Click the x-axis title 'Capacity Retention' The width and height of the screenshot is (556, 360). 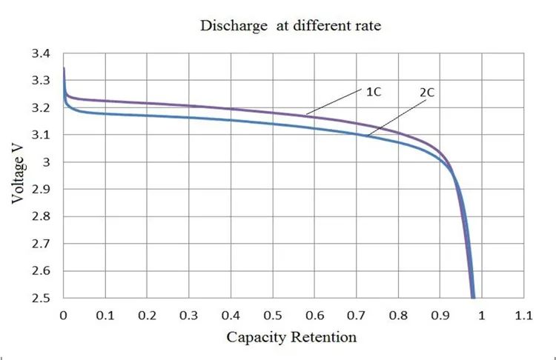coord(291,337)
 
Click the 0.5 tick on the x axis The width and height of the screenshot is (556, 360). coord(273,315)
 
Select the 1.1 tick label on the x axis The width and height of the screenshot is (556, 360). coord(524,315)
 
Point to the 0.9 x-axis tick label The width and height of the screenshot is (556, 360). coord(440,315)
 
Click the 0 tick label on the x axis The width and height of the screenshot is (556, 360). coord(64,315)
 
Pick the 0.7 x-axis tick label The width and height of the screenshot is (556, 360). coord(357,315)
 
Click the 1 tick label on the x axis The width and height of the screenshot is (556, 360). coord(482,315)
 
